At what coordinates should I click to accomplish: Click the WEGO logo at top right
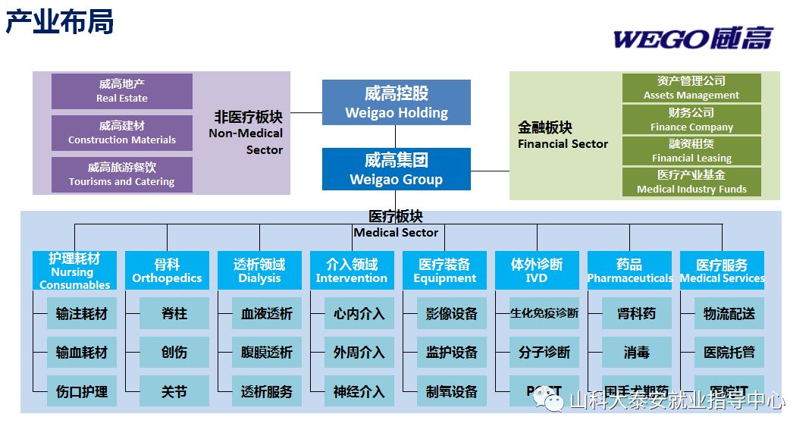tap(692, 38)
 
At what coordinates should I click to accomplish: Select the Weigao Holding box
tap(397, 102)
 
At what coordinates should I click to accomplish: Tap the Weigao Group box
tap(397, 169)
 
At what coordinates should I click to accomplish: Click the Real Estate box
tap(122, 91)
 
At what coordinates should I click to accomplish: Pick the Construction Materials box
tap(122, 133)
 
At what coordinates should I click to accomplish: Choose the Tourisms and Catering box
tap(122, 174)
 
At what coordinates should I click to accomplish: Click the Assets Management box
tap(691, 88)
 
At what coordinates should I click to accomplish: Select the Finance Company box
tap(691, 120)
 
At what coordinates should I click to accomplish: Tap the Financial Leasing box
tap(691, 151)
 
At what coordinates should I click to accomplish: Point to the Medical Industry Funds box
tap(691, 182)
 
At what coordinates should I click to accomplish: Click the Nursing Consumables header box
tap(74, 270)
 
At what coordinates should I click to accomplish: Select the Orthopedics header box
tap(167, 270)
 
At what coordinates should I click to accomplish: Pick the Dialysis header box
tap(259, 270)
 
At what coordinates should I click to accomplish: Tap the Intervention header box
tap(352, 270)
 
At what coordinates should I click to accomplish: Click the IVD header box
tap(537, 270)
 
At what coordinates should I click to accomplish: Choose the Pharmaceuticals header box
tap(629, 270)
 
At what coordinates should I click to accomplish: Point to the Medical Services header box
tap(722, 270)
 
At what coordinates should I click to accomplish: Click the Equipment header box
tap(444, 270)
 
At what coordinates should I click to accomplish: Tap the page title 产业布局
tap(60, 22)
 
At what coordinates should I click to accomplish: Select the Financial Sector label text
tap(563, 136)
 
